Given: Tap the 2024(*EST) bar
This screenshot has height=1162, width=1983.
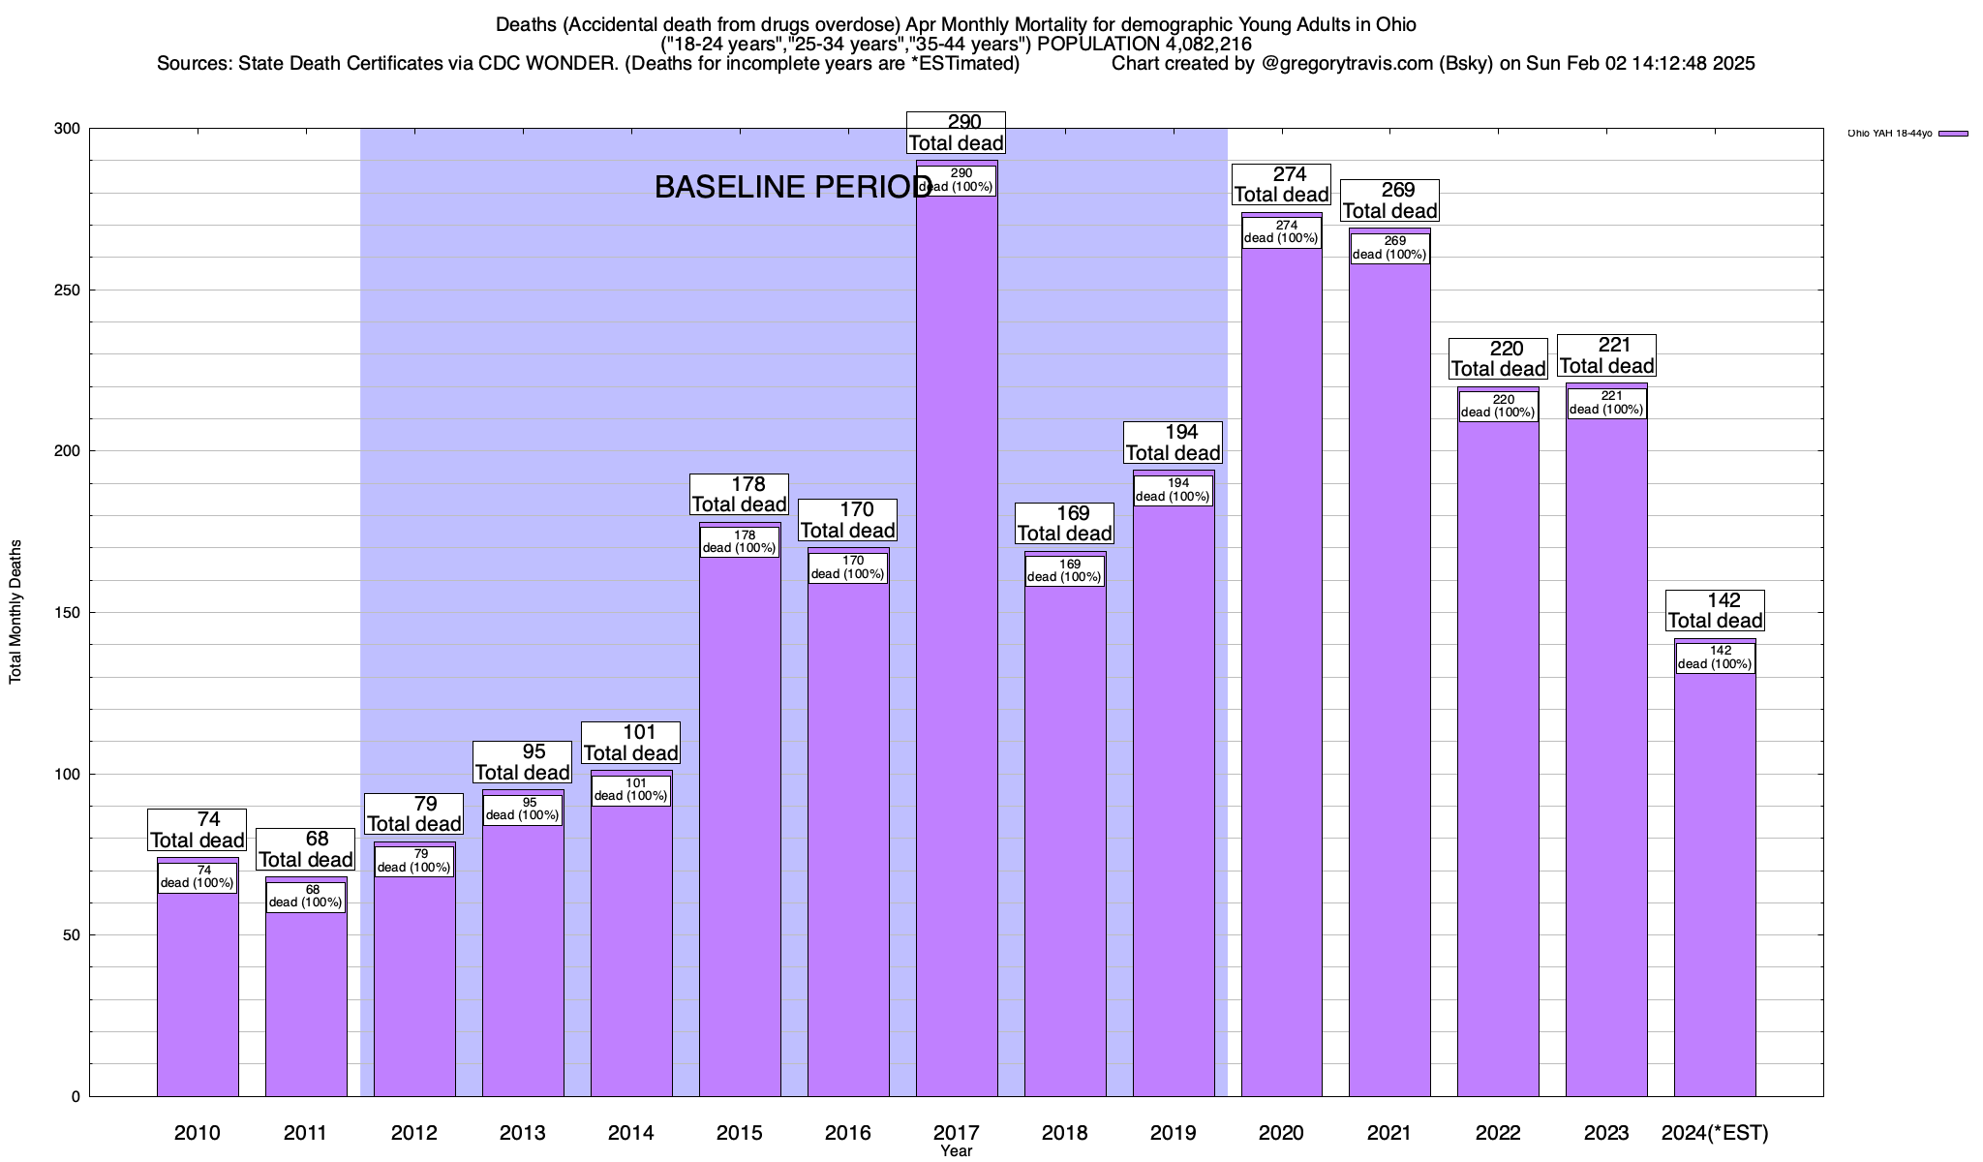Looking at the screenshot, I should coord(1715,891).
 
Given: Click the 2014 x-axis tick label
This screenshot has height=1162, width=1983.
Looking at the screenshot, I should coord(631,1132).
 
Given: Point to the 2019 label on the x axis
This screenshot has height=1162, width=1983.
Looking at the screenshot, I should coord(1174,1132).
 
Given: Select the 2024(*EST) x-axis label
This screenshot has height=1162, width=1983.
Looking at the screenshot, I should coord(1715,1132).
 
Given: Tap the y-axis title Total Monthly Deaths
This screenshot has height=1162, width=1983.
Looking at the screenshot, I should coord(15,612).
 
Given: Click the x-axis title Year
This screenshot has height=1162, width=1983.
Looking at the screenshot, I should coord(957,1151).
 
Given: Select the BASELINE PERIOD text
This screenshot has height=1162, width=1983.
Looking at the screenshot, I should coord(793,187).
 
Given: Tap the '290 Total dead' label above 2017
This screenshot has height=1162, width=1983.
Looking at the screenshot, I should coord(957,133).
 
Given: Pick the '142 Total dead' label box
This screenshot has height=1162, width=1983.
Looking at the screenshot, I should coord(1716,611).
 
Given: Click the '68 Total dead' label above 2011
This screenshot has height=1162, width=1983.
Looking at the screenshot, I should coord(306,849).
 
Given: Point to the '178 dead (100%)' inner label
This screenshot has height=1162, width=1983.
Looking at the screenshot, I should coord(740,541).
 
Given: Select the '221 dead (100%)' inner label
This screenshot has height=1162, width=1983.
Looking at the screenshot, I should coord(1606,403).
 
